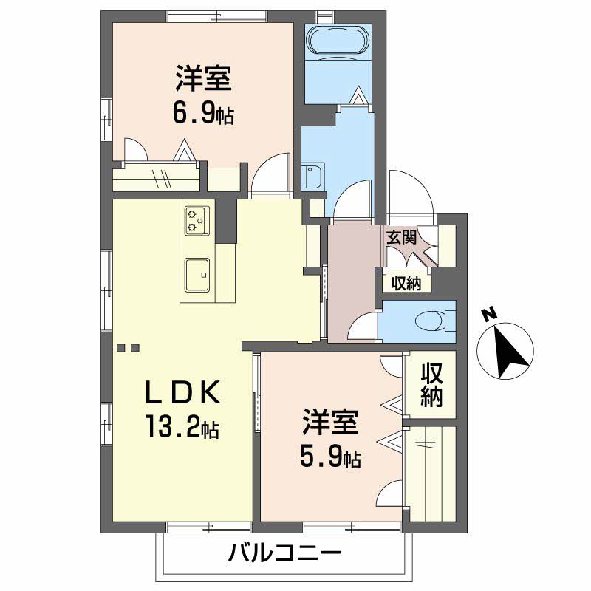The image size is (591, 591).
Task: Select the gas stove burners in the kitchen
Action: click(x=197, y=220)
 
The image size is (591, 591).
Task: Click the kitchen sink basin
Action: click(x=197, y=275)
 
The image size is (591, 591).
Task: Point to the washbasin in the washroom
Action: click(x=312, y=177)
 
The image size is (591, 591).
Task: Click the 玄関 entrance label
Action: click(x=401, y=237)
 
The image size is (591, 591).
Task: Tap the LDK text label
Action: click(x=182, y=392)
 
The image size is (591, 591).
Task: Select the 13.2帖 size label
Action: click(x=182, y=426)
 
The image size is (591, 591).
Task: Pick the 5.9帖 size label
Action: click(x=330, y=457)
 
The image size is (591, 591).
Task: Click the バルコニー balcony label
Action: click(x=285, y=553)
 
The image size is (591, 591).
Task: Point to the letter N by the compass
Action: click(x=489, y=314)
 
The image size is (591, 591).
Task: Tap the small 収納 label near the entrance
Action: click(x=406, y=283)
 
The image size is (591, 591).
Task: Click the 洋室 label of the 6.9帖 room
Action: click(x=203, y=78)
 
